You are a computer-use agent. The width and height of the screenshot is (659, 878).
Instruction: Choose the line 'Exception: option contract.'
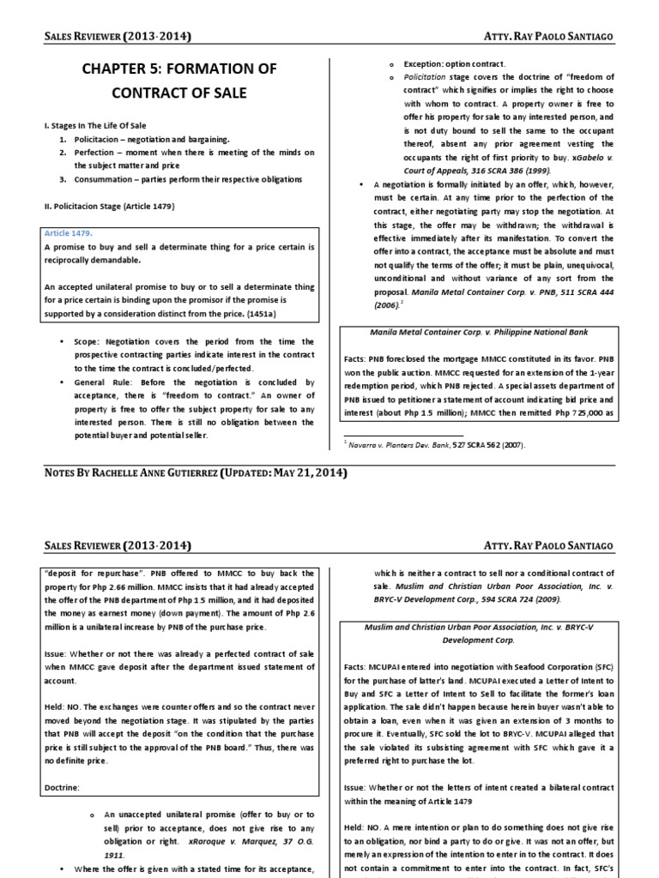[x=454, y=64]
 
